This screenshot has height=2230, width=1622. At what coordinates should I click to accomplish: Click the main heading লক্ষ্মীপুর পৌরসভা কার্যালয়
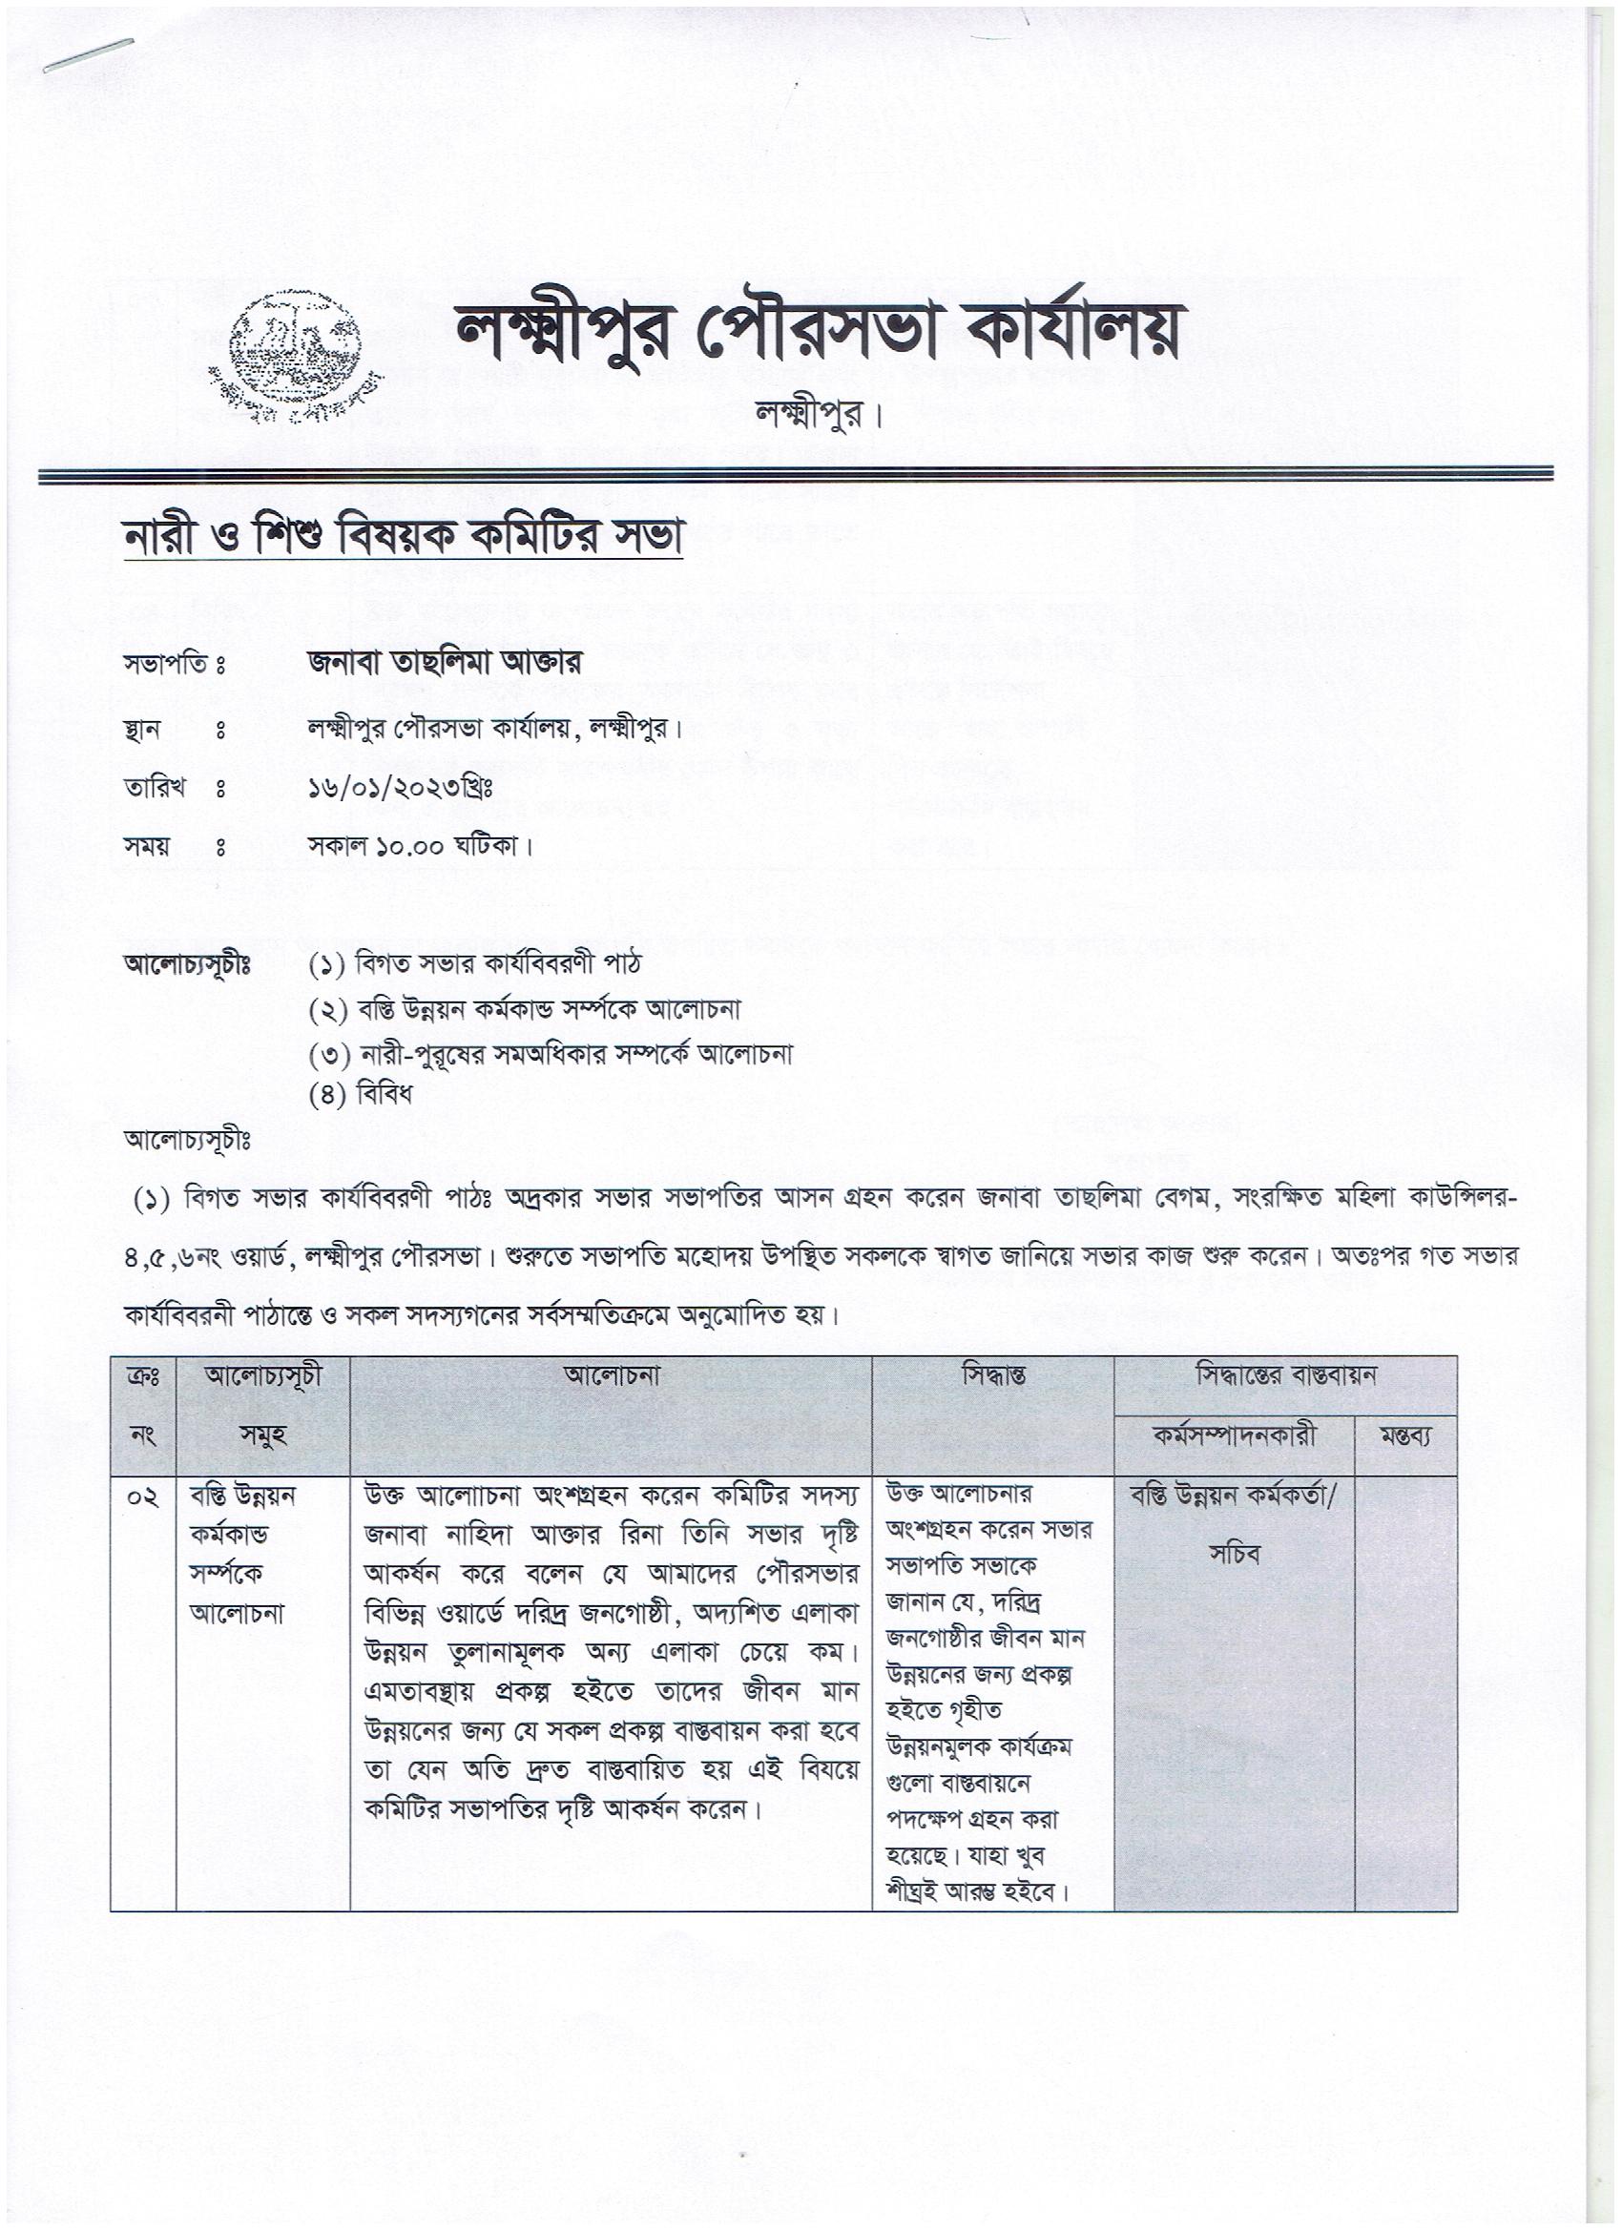pos(817,333)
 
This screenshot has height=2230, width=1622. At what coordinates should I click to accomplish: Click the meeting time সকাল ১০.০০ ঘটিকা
pos(419,846)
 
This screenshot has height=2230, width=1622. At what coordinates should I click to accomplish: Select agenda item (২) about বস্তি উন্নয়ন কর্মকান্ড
pos(524,1010)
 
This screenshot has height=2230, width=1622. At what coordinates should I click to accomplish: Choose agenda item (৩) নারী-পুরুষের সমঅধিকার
pos(550,1054)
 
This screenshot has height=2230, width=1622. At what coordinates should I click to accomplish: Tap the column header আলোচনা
pos(611,1375)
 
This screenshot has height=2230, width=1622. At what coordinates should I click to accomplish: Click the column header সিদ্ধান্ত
pos(992,1375)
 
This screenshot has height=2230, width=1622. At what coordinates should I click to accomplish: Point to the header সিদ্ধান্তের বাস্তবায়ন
pos(1284,1375)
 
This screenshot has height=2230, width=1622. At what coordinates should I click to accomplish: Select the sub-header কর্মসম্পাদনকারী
pos(1235,1436)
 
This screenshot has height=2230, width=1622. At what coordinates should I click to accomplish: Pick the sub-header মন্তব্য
pos(1404,1437)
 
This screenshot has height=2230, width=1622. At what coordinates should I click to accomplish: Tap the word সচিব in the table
pos(1235,1556)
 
